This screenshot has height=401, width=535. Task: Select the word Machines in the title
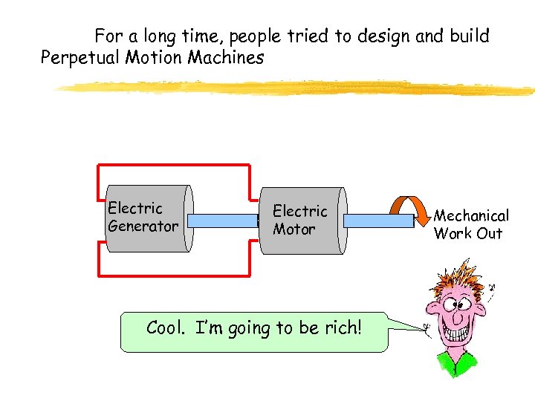[x=226, y=58]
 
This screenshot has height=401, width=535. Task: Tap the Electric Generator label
[x=143, y=217]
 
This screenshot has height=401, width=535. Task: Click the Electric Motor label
[x=299, y=221]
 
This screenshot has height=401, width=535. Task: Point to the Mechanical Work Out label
[x=471, y=224]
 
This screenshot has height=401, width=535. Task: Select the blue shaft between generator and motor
[x=222, y=221]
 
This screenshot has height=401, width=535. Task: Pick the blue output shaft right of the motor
[x=377, y=221]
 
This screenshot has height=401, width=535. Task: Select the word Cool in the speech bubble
[x=164, y=327]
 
